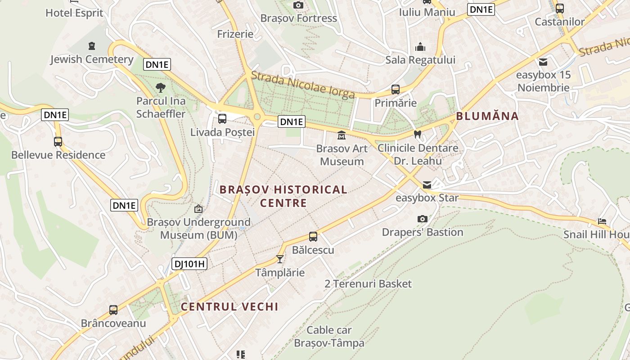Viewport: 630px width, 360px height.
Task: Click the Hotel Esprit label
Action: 74,13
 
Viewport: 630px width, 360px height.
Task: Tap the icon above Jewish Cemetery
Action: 92,46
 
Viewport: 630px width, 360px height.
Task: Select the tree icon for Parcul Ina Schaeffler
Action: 161,88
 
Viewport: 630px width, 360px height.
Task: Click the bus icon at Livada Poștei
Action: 222,119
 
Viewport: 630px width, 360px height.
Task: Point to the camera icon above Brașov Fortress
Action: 298,5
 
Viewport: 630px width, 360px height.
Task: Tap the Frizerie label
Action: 235,34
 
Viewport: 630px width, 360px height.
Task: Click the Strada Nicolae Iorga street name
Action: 303,85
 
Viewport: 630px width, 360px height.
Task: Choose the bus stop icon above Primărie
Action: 396,90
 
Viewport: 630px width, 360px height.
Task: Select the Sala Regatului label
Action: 420,60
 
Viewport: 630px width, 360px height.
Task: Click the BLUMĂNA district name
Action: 487,116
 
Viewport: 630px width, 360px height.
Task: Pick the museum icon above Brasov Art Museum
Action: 342,135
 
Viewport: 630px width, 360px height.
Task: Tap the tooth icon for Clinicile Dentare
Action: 417,134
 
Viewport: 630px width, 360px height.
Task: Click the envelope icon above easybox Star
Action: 427,185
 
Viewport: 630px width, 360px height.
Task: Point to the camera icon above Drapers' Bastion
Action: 422,219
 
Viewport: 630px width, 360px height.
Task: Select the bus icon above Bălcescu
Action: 313,237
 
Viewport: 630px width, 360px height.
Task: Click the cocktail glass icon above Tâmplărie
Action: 280,259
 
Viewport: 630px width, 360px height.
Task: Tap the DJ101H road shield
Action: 189,264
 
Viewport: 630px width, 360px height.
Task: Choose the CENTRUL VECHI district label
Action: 229,307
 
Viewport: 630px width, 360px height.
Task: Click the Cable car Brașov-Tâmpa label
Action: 329,337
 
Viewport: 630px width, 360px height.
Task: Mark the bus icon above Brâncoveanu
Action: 113,310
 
